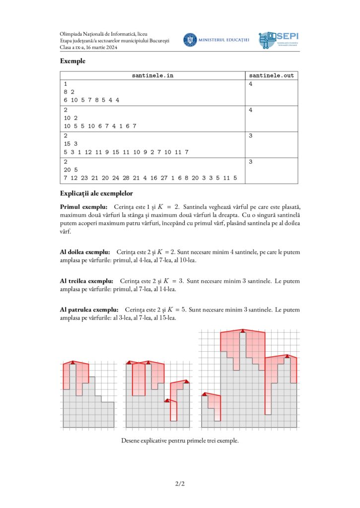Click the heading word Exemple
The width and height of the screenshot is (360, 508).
click(72, 61)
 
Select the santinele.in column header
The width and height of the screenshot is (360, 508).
click(153, 75)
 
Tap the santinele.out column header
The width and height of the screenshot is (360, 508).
click(271, 75)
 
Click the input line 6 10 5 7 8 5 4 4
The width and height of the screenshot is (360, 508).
click(91, 100)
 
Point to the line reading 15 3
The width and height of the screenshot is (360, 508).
click(70, 143)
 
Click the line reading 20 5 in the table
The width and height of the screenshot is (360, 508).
click(70, 170)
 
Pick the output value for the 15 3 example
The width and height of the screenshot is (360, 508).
click(251, 135)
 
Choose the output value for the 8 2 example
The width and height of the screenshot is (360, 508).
click(251, 84)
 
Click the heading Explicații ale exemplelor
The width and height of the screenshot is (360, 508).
click(96, 193)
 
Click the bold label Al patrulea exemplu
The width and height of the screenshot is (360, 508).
click(89, 310)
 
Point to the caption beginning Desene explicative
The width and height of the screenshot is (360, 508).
click(180, 440)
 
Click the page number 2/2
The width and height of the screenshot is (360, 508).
click(180, 483)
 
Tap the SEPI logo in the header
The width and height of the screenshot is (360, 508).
click(279, 40)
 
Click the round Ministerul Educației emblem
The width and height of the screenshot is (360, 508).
click(190, 40)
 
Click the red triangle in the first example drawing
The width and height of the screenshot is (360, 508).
click(73, 363)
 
